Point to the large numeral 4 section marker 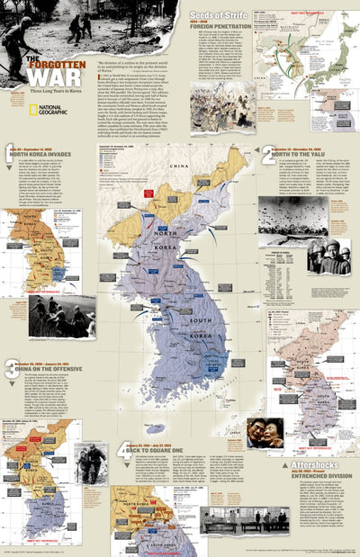tap(122, 450)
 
